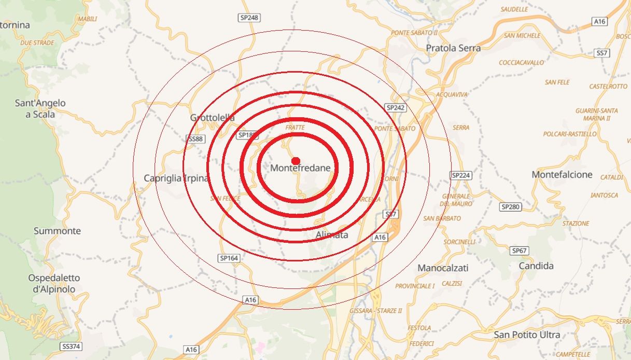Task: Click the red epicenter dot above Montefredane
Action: click(x=296, y=161)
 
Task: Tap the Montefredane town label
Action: click(x=300, y=168)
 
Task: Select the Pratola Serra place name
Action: click(x=453, y=48)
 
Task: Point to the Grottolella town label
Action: click(x=212, y=118)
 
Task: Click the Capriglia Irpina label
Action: click(x=176, y=178)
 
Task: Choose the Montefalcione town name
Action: click(x=562, y=175)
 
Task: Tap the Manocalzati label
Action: click(x=443, y=268)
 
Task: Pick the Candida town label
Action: click(x=536, y=266)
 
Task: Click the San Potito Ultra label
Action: click(x=527, y=335)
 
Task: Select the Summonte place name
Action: click(x=57, y=231)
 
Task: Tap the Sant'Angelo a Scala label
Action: click(x=40, y=108)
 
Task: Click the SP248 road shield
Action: click(x=249, y=18)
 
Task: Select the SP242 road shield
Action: click(x=396, y=107)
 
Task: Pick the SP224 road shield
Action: click(x=461, y=176)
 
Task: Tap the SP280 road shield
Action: click(x=511, y=207)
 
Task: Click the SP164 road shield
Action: click(x=229, y=258)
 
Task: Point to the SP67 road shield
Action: click(x=519, y=251)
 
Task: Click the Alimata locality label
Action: click(x=332, y=236)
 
